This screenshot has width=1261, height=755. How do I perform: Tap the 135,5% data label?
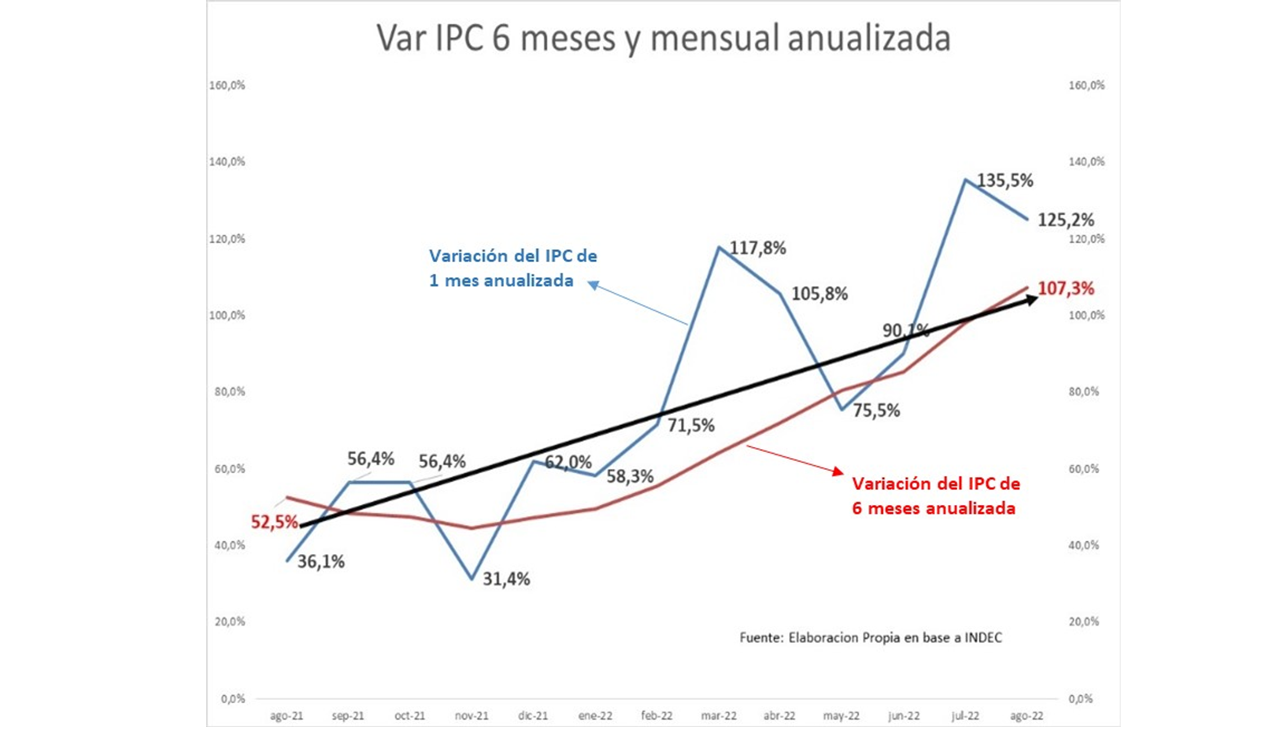point(1006,181)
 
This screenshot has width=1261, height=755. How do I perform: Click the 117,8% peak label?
point(758,248)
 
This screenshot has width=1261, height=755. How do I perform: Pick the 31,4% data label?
point(506,579)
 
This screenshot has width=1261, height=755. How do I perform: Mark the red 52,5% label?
point(274,522)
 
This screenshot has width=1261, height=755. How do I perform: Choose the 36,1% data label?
point(321,562)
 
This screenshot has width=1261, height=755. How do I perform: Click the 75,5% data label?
point(876,410)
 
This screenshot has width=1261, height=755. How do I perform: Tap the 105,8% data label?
point(819,294)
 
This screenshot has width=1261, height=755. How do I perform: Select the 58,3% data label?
point(630,477)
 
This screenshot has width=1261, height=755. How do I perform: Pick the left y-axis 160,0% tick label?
point(227,85)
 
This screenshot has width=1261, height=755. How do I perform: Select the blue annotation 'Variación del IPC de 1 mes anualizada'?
point(513,268)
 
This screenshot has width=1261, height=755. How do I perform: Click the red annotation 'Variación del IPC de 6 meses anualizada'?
point(936,496)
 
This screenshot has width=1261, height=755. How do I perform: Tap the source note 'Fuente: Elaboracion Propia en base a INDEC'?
point(870,638)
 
